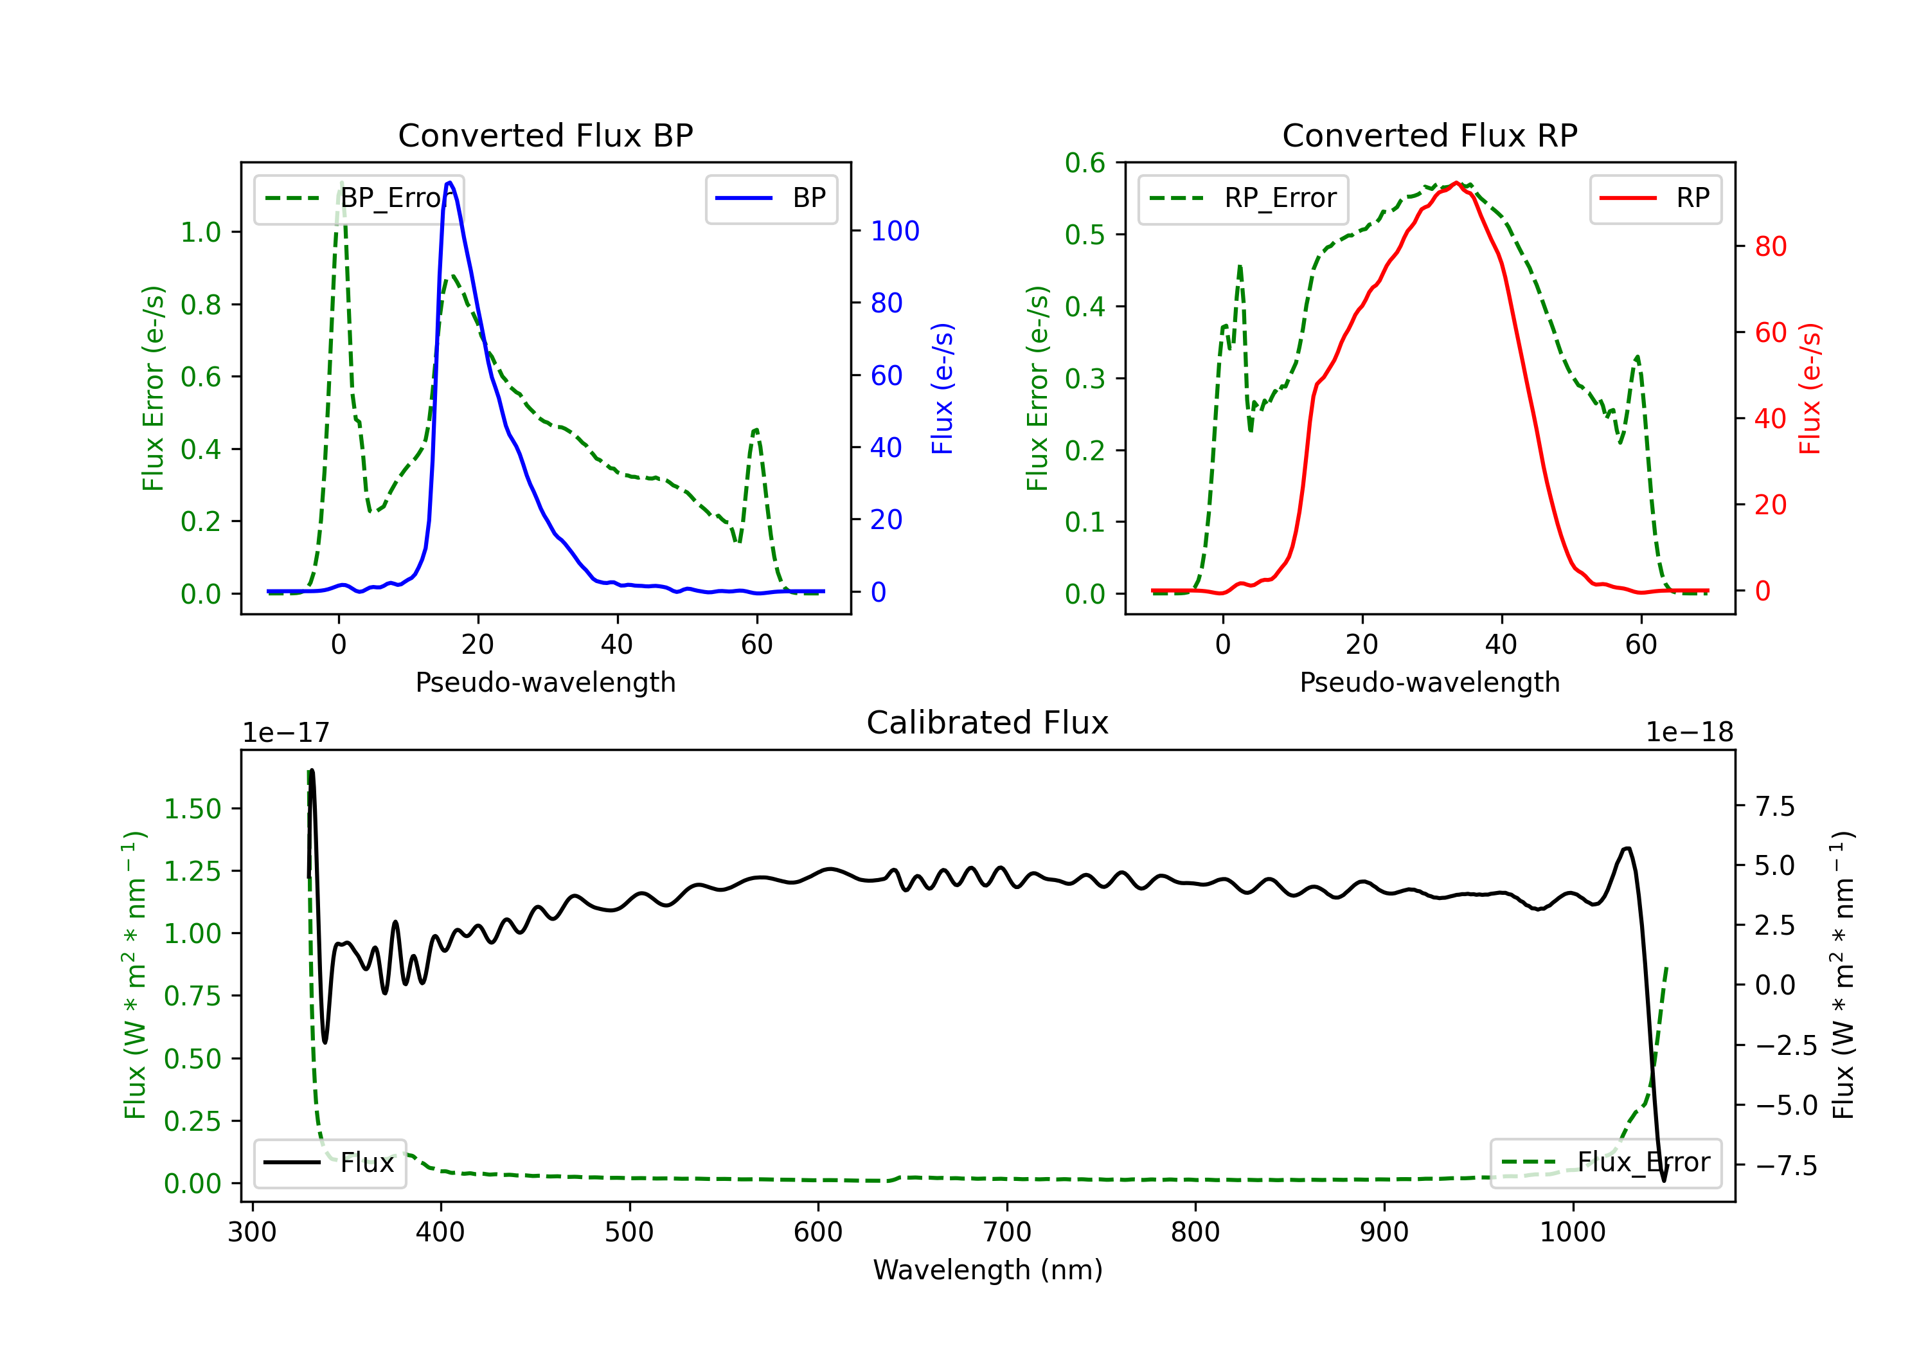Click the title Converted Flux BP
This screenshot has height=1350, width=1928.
click(546, 135)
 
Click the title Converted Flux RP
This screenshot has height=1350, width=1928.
click(1430, 135)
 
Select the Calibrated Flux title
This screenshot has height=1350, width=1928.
click(988, 723)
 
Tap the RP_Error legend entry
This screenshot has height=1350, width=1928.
click(1243, 198)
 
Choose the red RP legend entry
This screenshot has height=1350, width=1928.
click(1655, 198)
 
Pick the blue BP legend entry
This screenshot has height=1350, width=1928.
click(771, 198)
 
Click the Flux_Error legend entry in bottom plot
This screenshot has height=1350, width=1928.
click(1605, 1163)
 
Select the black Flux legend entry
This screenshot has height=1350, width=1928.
click(329, 1163)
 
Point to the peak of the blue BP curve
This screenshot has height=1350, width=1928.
click(450, 183)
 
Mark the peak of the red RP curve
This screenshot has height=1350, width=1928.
click(1456, 183)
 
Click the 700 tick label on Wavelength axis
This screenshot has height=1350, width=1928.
click(1007, 1232)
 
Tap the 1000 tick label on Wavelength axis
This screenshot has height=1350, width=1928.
click(1573, 1232)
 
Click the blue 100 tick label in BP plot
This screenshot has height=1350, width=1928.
click(895, 231)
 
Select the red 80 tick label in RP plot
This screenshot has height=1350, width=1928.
click(1771, 246)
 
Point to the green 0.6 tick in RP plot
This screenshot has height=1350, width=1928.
click(1085, 163)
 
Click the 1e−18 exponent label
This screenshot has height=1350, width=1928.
click(1690, 733)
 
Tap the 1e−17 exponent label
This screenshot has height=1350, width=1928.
click(287, 733)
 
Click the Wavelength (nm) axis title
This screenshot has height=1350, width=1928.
click(988, 1270)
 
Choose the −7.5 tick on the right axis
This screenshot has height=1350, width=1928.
click(1786, 1165)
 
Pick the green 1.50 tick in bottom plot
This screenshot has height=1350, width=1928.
click(192, 809)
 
